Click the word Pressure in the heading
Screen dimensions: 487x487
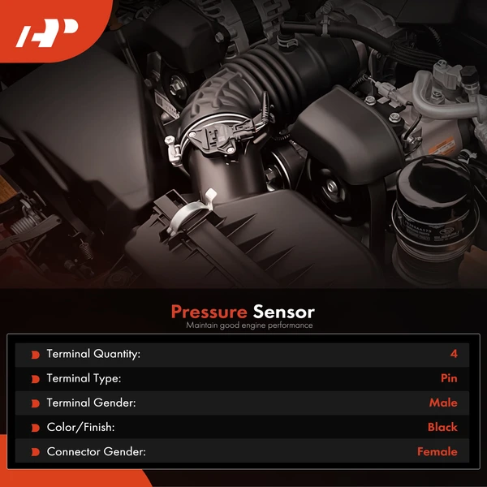tap(209, 312)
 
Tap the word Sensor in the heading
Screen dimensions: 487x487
tap(283, 312)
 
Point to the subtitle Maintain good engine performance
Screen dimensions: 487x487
tap(249, 325)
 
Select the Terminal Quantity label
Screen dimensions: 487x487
tap(93, 354)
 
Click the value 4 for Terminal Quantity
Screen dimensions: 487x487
tap(453, 354)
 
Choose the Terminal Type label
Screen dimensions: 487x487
tap(84, 378)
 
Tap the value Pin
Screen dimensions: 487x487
tap(448, 378)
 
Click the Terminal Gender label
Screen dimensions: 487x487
tap(90, 403)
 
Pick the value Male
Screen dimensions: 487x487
tap(443, 403)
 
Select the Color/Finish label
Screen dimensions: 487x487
tap(80, 427)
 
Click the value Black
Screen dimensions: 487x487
tap(442, 427)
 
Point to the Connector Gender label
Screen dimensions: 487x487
tap(96, 451)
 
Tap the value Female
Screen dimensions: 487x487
tap(437, 451)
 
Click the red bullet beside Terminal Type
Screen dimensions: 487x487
tap(35, 379)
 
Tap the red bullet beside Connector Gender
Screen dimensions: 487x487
tap(35, 452)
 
